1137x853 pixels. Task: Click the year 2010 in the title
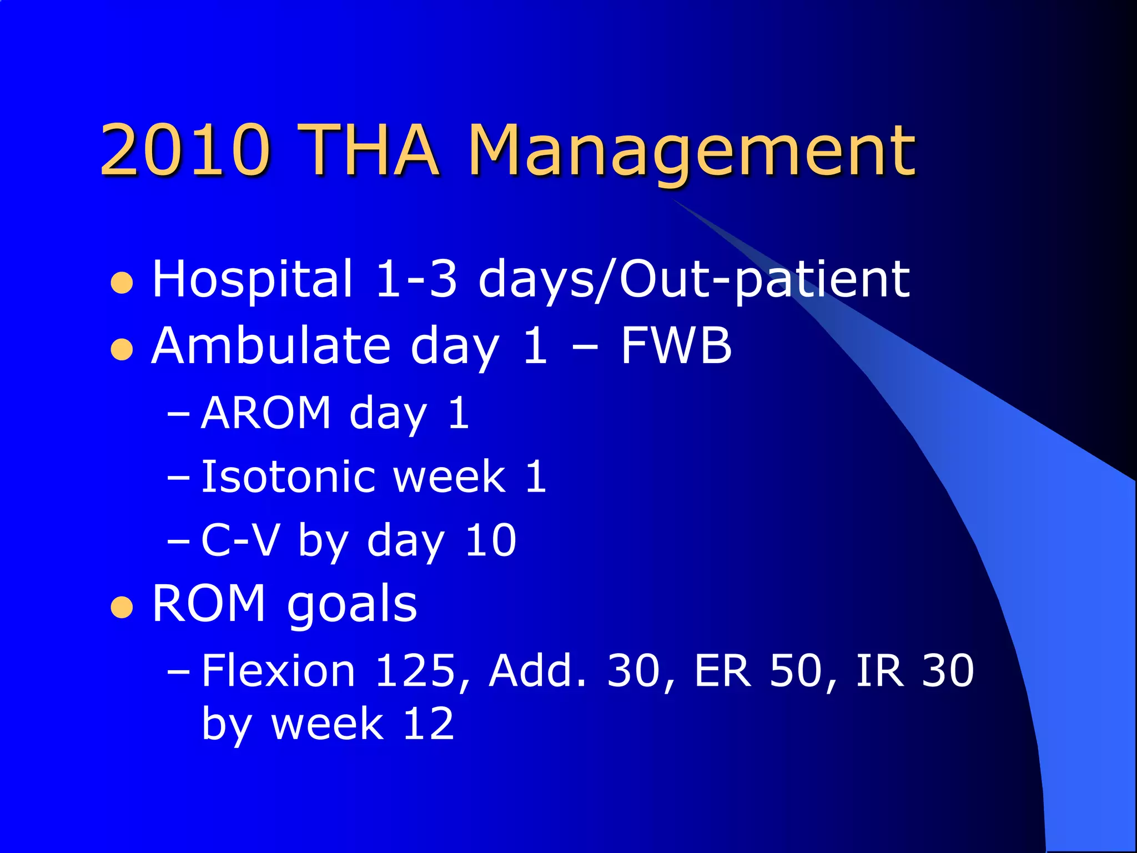pyautogui.click(x=186, y=150)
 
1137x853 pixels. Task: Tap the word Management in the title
pyautogui.click(x=691, y=153)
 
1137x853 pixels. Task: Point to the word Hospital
pyautogui.click(x=252, y=279)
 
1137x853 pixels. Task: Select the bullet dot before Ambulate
pyautogui.click(x=122, y=349)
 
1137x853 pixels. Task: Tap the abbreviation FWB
pyautogui.click(x=676, y=346)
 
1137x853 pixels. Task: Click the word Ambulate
pyautogui.click(x=271, y=346)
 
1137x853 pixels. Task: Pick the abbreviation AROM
pyautogui.click(x=266, y=413)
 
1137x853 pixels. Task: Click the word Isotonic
pyautogui.click(x=291, y=476)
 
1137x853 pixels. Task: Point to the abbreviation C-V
pyautogui.click(x=239, y=540)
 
